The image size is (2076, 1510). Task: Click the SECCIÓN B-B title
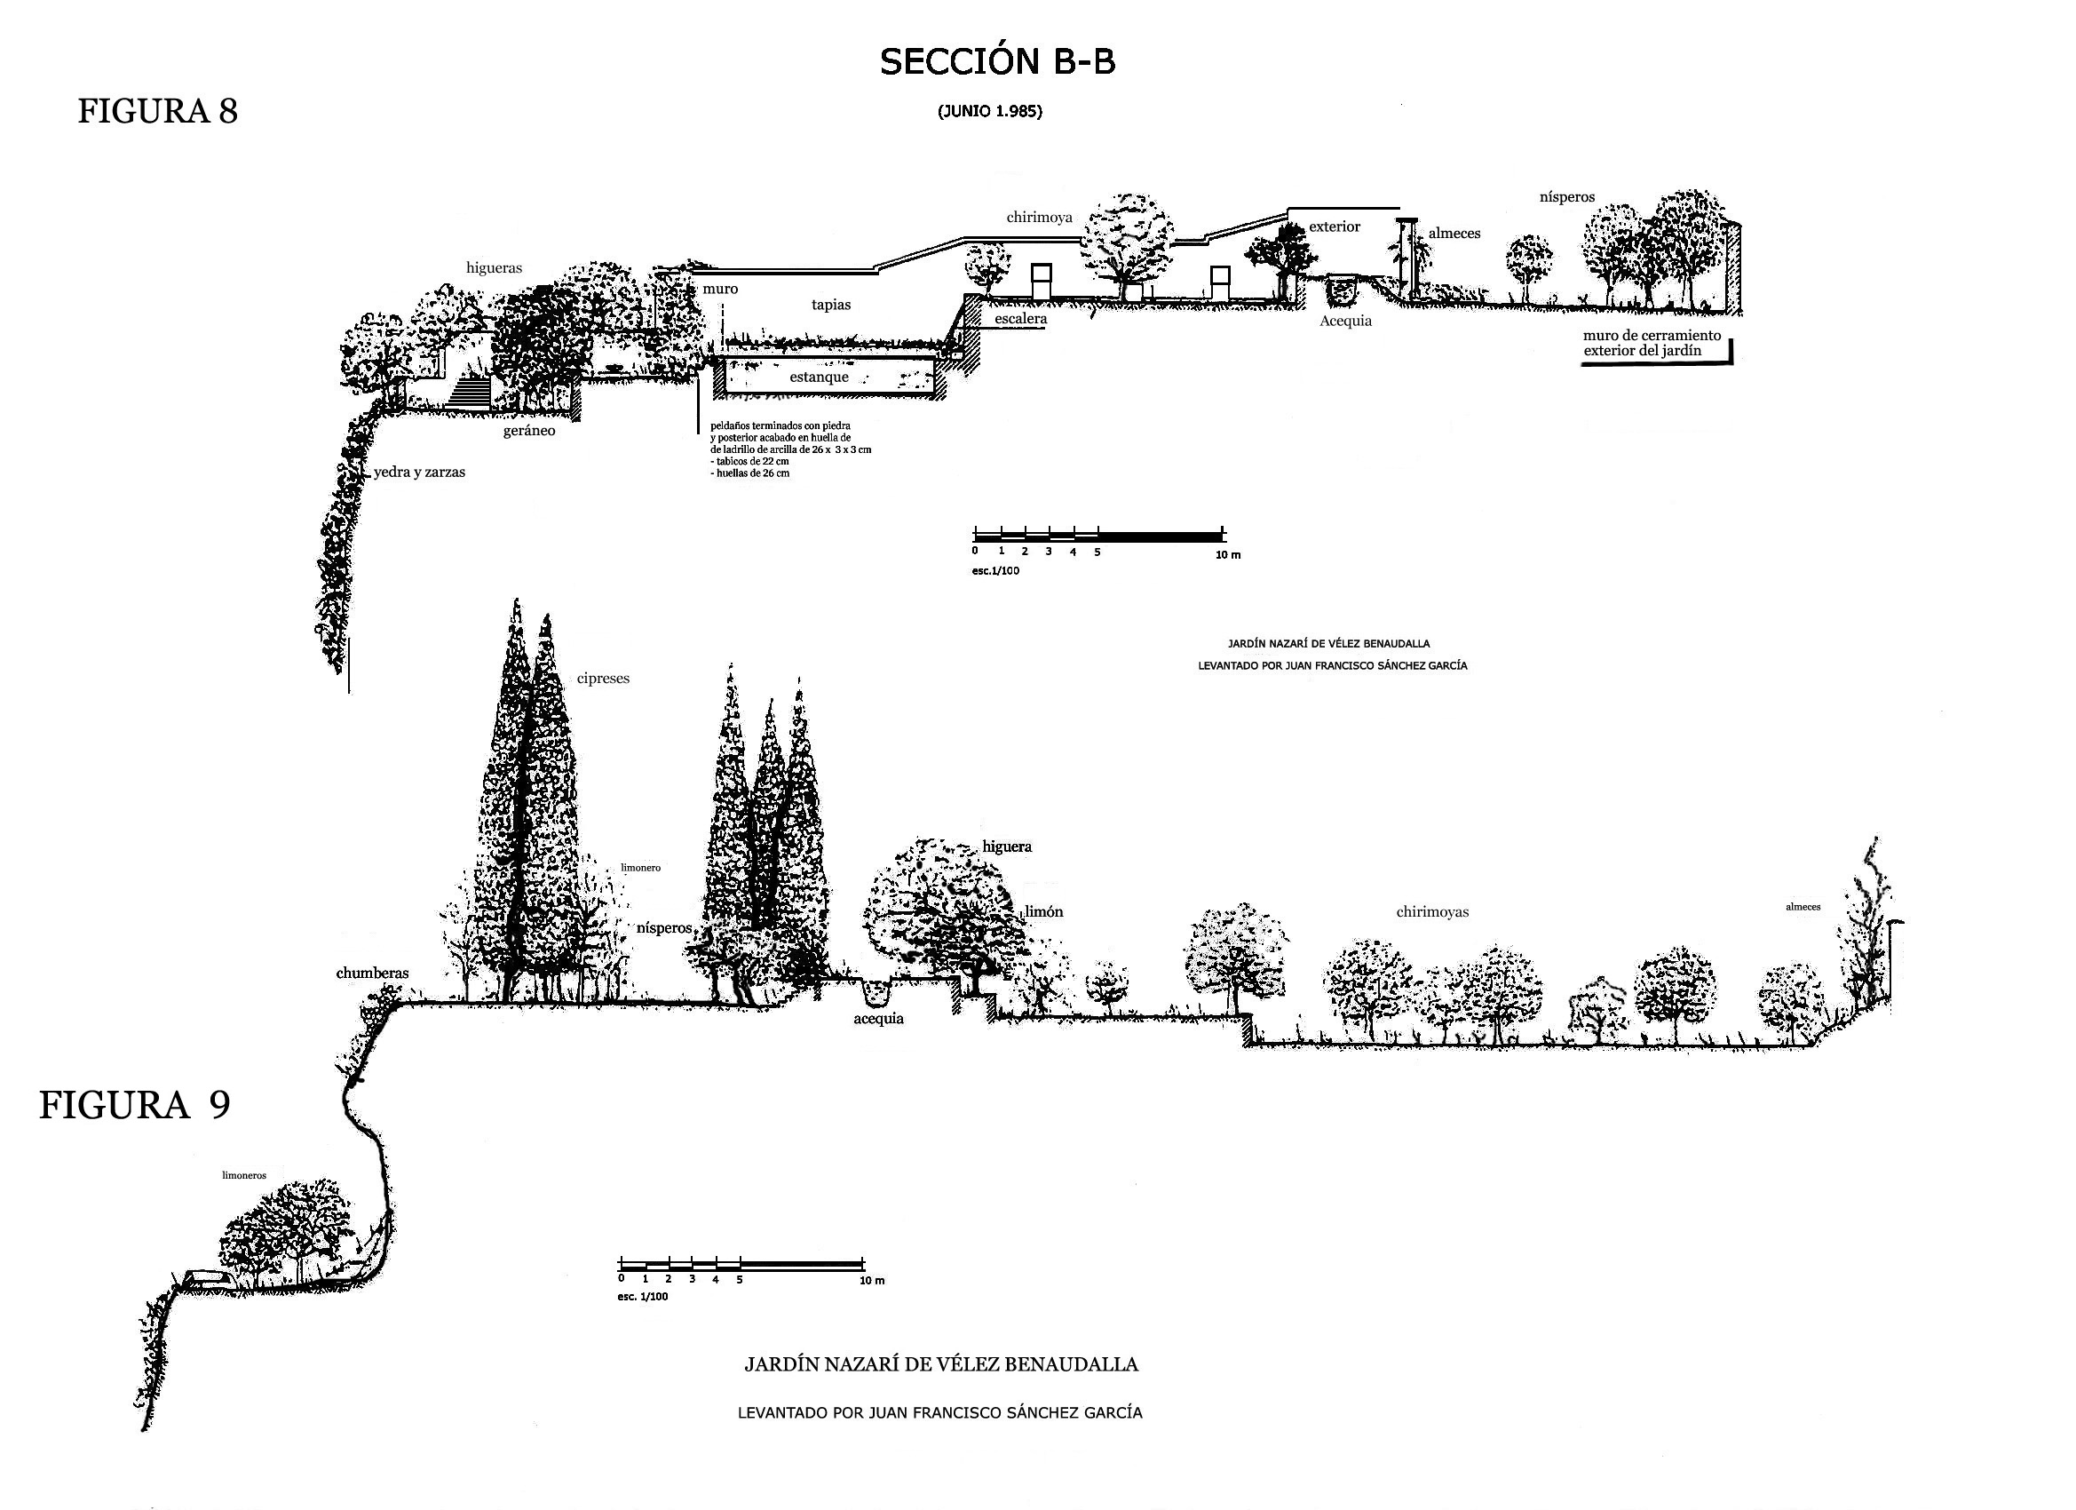tap(997, 62)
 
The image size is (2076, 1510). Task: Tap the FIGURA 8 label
tap(157, 111)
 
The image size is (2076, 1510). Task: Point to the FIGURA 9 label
tap(135, 1105)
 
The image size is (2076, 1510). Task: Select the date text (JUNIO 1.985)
tap(989, 112)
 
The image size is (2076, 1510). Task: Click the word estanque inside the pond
tap(819, 377)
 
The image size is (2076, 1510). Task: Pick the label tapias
tap(830, 305)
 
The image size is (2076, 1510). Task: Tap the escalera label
tap(1019, 319)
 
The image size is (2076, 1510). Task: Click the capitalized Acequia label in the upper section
tap(1344, 322)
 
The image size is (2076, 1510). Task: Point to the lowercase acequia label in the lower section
tap(878, 1019)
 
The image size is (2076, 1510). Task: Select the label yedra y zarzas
tap(418, 473)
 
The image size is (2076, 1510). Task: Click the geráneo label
tap(528, 431)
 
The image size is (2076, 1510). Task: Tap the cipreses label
tap(602, 679)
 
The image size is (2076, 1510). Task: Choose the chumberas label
tap(372, 974)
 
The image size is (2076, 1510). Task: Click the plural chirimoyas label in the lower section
tap(1431, 912)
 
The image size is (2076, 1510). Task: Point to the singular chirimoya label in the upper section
tap(1039, 218)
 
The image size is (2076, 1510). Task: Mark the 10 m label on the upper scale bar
tap(1227, 556)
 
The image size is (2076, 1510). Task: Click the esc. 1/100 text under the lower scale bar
tap(642, 1297)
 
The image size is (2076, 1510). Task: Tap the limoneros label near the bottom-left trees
tap(243, 1176)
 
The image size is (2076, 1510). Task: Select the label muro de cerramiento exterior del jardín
tap(1652, 344)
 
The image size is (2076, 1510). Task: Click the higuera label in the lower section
tap(1006, 847)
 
